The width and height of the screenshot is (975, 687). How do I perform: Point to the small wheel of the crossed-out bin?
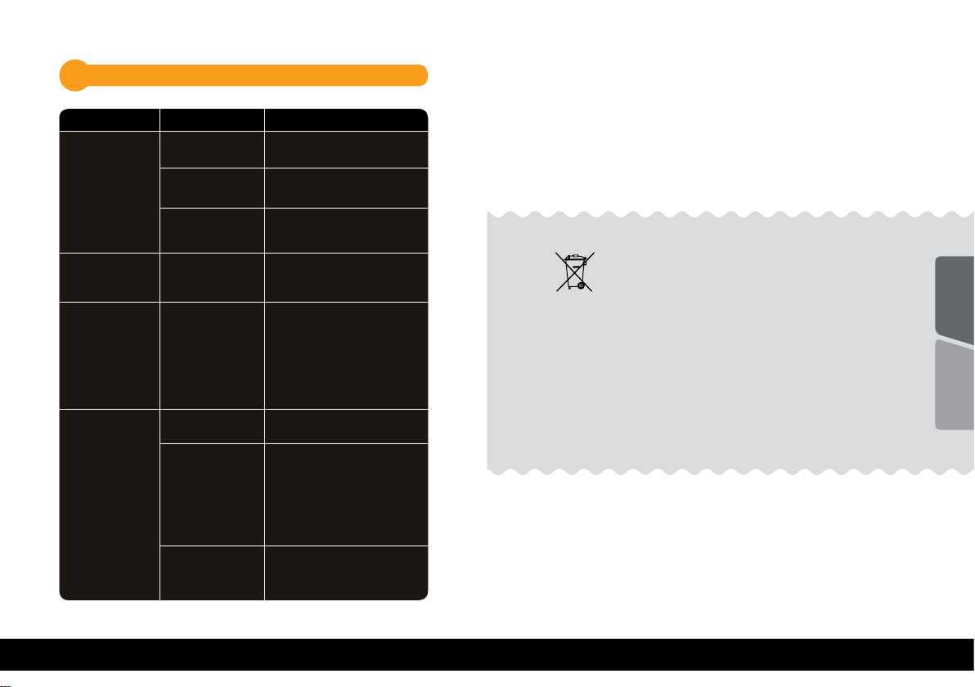coord(581,285)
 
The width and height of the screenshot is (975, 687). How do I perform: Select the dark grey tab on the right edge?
coord(955,299)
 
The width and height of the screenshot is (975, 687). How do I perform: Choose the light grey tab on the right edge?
coord(955,386)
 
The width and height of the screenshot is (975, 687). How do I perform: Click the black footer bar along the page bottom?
coord(487,662)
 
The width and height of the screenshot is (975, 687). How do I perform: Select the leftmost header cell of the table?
coord(109,119)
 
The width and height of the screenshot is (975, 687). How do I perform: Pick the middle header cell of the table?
coord(212,119)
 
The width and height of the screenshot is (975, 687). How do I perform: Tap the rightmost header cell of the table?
coord(346,119)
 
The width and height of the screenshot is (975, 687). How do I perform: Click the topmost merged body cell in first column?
coord(109,191)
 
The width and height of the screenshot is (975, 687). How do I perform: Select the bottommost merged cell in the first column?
coord(109,505)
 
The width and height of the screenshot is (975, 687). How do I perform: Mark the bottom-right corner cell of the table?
coord(346,572)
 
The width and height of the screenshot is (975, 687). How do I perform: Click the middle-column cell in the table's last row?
coord(212,572)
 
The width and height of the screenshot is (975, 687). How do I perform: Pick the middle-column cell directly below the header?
coord(212,150)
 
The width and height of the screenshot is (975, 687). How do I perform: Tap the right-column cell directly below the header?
coord(346,150)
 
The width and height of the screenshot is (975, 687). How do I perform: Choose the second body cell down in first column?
coord(109,276)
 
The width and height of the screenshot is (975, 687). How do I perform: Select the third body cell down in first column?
coord(109,355)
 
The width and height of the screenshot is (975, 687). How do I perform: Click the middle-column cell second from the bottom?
coord(212,495)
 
